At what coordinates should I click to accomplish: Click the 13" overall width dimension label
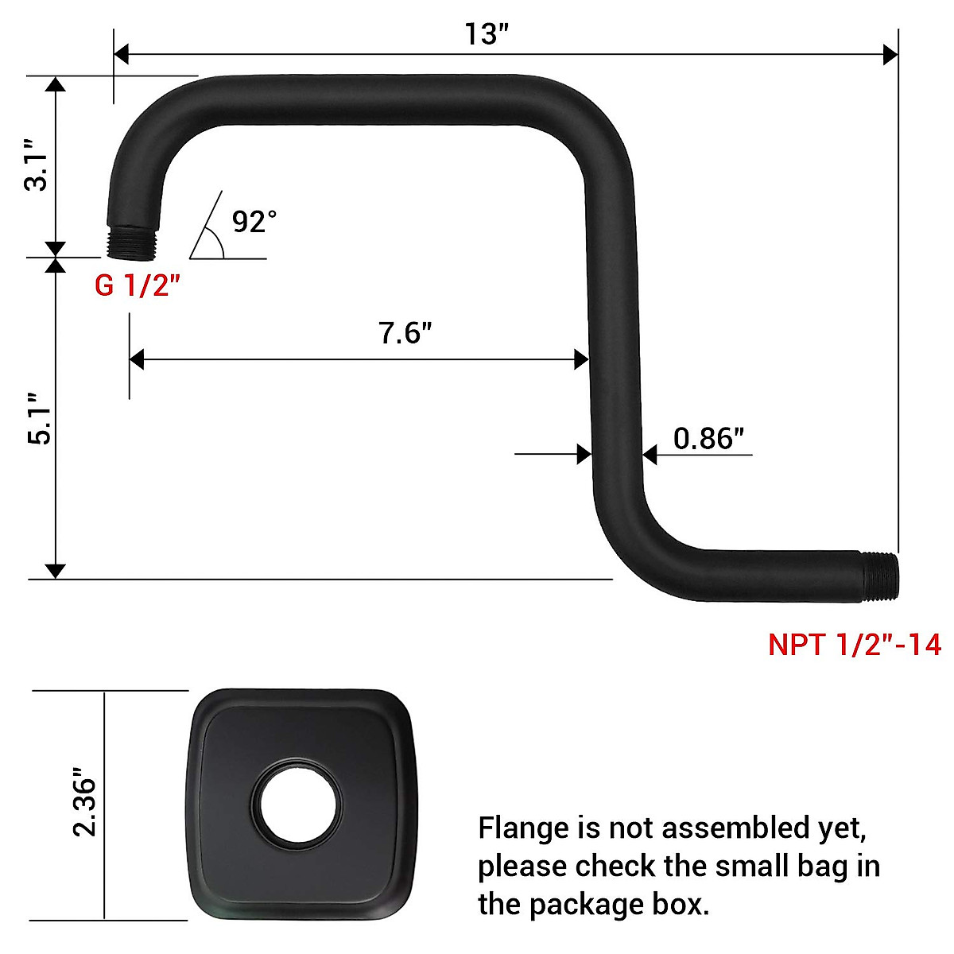pyautogui.click(x=486, y=34)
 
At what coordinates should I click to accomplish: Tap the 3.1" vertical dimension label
pyautogui.click(x=37, y=165)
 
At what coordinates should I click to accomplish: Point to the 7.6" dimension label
pyautogui.click(x=405, y=332)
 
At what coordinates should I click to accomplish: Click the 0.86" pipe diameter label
pyautogui.click(x=708, y=438)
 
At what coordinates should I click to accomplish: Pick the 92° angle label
pyautogui.click(x=254, y=221)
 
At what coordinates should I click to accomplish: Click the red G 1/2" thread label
pyautogui.click(x=133, y=285)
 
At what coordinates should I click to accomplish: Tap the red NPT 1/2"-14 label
pyautogui.click(x=854, y=644)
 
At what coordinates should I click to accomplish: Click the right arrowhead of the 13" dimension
pyautogui.click(x=891, y=55)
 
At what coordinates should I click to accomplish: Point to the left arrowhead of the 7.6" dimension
pyautogui.click(x=137, y=359)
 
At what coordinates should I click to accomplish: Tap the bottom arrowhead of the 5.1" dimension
pyautogui.click(x=55, y=571)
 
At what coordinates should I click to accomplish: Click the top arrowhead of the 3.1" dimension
pyautogui.click(x=55, y=84)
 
